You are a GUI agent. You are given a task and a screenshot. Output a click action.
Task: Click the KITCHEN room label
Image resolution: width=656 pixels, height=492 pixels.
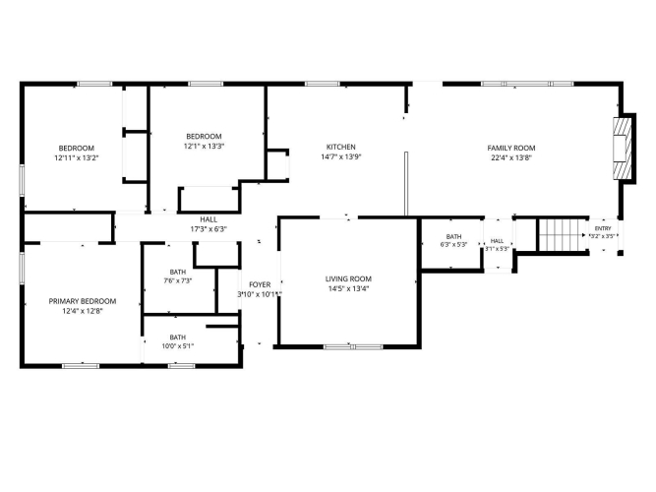(341, 147)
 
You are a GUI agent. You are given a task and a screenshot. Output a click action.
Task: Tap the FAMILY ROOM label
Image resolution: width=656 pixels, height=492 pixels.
(511, 148)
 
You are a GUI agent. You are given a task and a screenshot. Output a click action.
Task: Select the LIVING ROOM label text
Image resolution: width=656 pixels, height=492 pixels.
(348, 278)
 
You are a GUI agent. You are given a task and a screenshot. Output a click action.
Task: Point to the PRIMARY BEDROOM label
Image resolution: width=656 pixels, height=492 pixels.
(83, 301)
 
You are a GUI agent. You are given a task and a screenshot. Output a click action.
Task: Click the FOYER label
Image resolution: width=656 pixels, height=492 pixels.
(260, 284)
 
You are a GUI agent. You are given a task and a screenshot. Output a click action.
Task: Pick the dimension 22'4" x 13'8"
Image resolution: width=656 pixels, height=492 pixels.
(511, 157)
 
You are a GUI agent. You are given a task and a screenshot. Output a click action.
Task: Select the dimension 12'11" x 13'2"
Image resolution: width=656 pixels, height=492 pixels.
(76, 158)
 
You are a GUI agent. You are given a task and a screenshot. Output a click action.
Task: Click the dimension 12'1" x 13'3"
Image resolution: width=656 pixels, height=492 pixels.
(205, 147)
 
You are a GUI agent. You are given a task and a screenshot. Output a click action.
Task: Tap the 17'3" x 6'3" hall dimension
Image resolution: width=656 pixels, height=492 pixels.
(209, 229)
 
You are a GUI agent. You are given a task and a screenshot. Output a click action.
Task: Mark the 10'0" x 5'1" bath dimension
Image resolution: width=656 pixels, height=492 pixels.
(178, 346)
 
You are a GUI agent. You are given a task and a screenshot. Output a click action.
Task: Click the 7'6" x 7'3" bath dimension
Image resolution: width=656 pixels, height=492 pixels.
(178, 281)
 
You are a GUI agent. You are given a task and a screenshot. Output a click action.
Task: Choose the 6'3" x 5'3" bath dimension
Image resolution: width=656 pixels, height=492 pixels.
(454, 245)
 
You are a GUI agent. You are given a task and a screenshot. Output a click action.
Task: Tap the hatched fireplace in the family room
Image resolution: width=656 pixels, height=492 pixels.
(622, 149)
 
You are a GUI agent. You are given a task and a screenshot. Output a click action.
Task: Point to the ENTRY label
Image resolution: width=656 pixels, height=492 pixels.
(603, 228)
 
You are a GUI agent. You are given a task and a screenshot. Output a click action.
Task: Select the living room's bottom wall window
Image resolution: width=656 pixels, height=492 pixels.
(353, 346)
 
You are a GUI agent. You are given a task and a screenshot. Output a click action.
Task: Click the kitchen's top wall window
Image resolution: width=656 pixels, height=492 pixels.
(323, 84)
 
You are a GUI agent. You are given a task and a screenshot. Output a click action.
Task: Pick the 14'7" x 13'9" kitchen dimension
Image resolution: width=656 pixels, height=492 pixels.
(341, 157)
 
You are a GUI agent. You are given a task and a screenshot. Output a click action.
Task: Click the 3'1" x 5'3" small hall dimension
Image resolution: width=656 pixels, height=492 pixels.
(497, 248)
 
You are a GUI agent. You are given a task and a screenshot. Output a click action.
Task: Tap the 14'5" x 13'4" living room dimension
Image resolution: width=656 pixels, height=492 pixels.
(348, 288)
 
